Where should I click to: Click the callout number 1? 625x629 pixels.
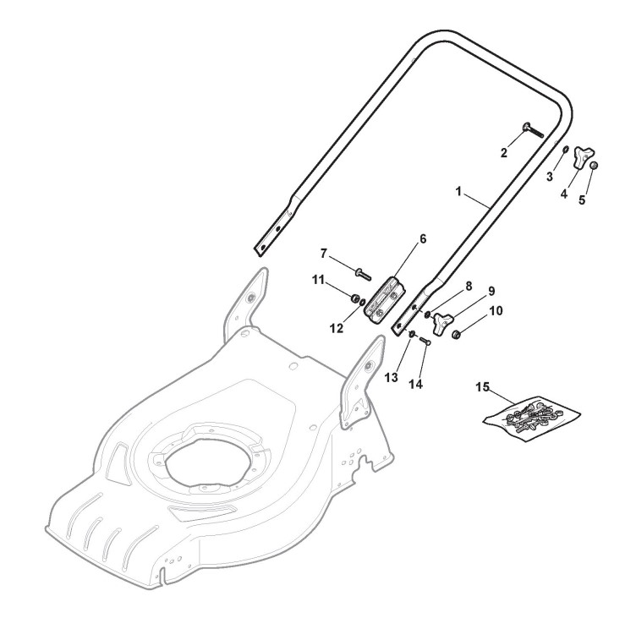click(459, 191)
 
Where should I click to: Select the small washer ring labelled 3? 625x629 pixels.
click(565, 150)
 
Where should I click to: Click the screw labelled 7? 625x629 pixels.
click(363, 274)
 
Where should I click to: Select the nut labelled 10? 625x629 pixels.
click(456, 334)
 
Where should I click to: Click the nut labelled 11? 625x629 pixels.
click(355, 298)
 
